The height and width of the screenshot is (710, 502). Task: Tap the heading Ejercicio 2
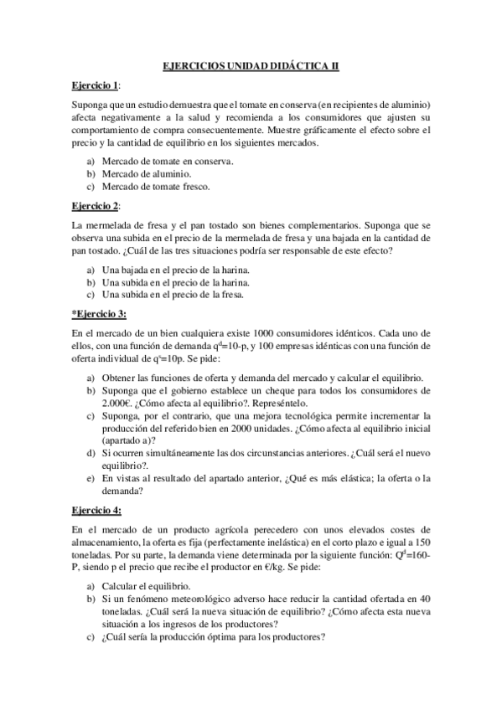coord(95,205)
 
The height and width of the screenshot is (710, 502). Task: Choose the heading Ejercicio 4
coord(96,510)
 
